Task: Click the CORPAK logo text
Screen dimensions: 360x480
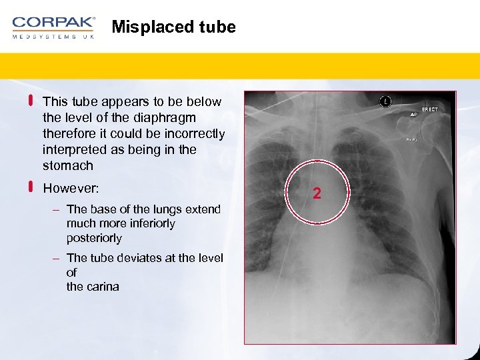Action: tap(53, 23)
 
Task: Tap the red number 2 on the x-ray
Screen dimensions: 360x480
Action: tap(317, 194)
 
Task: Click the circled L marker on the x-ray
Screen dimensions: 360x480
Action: tap(385, 101)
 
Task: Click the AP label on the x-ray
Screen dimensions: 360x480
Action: tap(413, 115)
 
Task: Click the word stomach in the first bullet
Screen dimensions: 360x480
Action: tap(67, 165)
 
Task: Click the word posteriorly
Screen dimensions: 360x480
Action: tap(94, 238)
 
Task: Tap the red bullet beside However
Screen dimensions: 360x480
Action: tap(31, 188)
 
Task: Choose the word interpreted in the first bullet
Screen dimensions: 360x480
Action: tap(73, 149)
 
